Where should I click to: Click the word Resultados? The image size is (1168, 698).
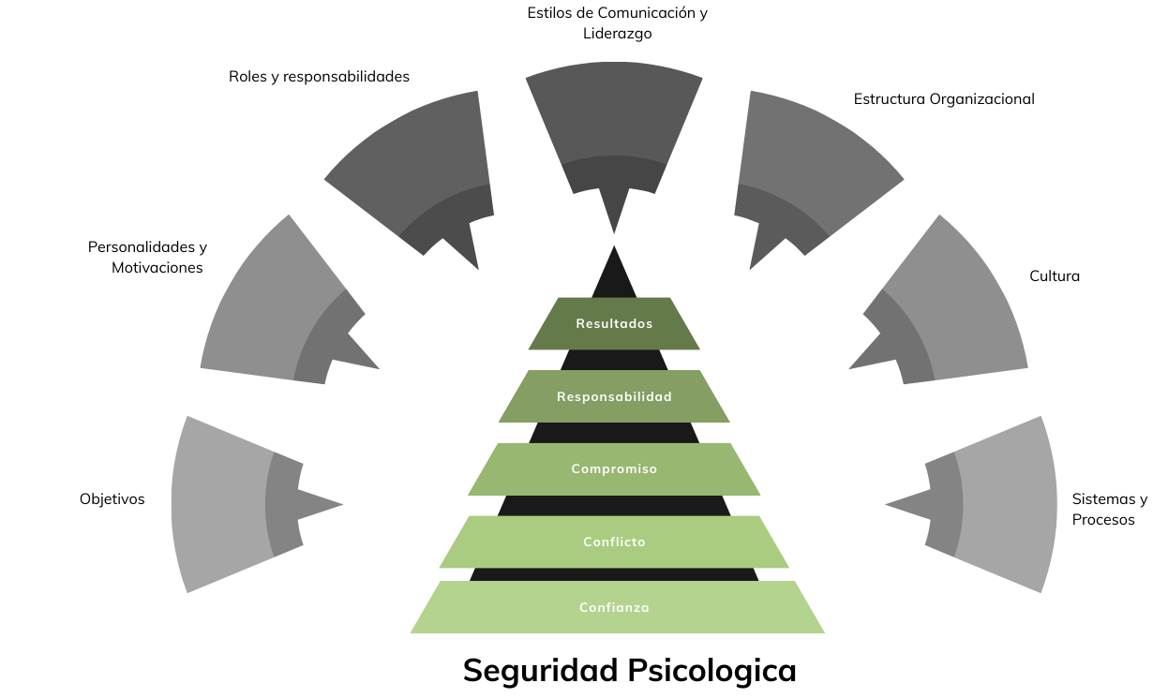click(x=614, y=324)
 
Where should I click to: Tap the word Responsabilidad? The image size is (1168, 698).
click(x=614, y=397)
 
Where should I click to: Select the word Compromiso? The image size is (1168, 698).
click(x=614, y=469)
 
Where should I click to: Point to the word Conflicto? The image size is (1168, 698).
click(x=614, y=542)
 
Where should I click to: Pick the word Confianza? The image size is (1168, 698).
click(x=614, y=608)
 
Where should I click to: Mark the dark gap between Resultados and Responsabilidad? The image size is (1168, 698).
click(x=614, y=361)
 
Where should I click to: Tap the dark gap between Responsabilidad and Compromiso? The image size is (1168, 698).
click(x=614, y=433)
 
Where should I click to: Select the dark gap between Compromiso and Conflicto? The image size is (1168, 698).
click(x=614, y=506)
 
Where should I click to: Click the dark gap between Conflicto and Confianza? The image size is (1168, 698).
click(x=614, y=574)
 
